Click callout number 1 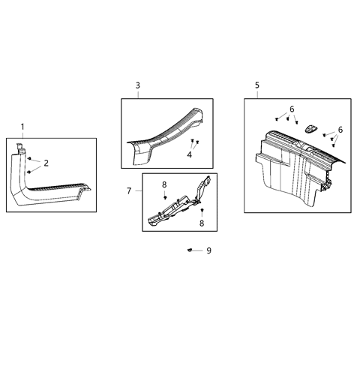coord(22,126)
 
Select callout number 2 coord(46,163)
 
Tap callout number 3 coord(137,85)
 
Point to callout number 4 coord(190,155)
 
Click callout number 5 coord(257,85)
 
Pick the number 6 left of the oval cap coord(292,109)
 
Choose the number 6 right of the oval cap coord(340,130)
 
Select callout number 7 coord(129,191)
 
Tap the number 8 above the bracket coord(164,184)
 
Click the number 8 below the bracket coord(201,223)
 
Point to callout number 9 coord(208,250)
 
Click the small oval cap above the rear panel coord(310,128)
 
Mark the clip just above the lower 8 coord(201,211)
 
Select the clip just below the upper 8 coord(164,196)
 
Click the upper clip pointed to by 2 coord(30,160)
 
